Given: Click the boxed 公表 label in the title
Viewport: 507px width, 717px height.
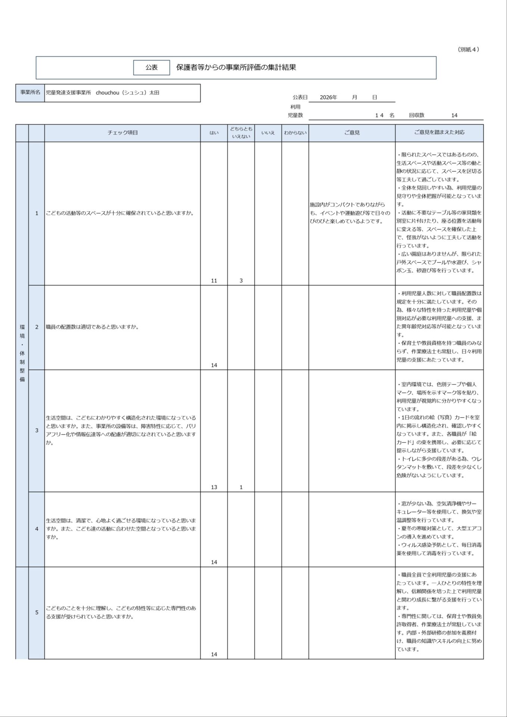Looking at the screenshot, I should point(152,68).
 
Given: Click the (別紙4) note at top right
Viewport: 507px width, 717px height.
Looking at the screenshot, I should point(468,49).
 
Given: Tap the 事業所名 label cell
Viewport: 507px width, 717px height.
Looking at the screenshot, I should point(30,93).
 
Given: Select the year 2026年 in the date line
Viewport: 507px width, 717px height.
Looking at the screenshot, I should point(329,97).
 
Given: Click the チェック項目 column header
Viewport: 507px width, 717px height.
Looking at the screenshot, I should point(122,133).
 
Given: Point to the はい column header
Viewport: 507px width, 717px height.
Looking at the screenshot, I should point(214,133).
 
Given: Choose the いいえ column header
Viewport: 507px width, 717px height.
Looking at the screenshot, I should point(268,133).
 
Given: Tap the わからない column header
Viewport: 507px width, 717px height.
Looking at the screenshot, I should point(295,133).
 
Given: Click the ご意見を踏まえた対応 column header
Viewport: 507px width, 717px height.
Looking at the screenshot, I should point(439,133).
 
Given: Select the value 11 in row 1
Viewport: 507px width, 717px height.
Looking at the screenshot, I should point(214,280).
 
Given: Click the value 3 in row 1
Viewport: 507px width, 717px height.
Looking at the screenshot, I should point(241,280).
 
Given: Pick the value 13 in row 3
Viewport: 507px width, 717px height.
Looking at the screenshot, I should point(214,487).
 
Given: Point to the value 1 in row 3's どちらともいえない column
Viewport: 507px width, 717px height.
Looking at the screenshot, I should point(241,487).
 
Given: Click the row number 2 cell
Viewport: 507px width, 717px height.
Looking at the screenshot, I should point(37,327).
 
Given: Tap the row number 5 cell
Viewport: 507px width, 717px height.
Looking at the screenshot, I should point(37,612).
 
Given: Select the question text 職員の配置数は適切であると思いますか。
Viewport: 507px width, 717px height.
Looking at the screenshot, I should point(92,327).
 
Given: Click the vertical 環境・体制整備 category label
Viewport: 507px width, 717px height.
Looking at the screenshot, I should point(22,353).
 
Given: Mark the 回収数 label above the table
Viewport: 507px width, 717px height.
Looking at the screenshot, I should point(417,115).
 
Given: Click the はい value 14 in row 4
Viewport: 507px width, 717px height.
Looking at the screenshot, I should point(214,562).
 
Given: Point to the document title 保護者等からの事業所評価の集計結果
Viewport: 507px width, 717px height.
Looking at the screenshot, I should point(236,68).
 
